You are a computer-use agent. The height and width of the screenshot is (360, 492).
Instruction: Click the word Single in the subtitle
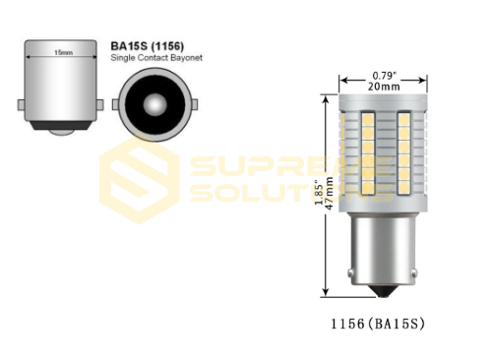click(126, 60)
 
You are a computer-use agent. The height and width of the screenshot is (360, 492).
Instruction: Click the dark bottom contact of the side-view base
click(61, 127)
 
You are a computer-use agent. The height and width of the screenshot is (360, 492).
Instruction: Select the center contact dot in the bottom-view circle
click(155, 102)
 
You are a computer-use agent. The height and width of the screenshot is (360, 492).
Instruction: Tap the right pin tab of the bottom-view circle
click(191, 102)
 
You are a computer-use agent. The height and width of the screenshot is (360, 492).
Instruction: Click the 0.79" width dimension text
click(385, 74)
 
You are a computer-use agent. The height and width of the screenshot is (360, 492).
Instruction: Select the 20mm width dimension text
click(385, 87)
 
